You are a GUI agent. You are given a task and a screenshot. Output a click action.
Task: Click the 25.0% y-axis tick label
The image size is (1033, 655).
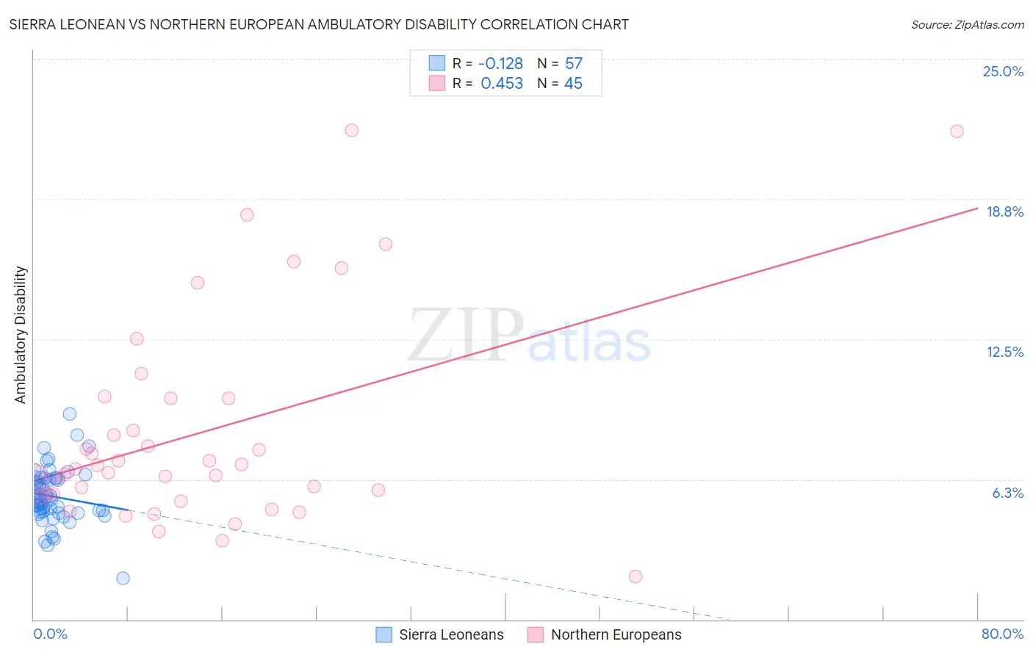tap(1003, 72)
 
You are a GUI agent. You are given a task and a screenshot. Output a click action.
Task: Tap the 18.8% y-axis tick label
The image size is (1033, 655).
tap(1004, 212)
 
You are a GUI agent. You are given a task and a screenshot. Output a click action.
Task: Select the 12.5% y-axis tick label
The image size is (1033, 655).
tap(1004, 352)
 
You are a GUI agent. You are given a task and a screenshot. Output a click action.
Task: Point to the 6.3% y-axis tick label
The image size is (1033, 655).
tap(1007, 493)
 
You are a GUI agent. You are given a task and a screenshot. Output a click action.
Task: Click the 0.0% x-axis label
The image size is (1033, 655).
tap(50, 634)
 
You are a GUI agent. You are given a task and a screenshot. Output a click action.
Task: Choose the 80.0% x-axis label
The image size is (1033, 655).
tap(1002, 634)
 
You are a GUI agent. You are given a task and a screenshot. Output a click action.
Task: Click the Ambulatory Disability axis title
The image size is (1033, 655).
tap(21, 335)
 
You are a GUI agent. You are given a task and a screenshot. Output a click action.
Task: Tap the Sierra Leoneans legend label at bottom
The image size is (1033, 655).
tap(451, 635)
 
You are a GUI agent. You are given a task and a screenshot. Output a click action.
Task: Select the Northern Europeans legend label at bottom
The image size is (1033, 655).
tap(616, 635)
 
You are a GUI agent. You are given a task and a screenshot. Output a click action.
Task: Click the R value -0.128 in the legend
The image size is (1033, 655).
tap(500, 64)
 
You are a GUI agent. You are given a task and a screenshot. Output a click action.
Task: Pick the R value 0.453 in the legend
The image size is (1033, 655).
tap(502, 84)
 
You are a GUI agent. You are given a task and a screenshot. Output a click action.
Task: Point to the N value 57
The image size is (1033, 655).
tap(573, 64)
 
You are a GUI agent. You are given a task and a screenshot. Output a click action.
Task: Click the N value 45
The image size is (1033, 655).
tap(573, 84)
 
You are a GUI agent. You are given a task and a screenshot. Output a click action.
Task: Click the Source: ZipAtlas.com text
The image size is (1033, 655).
tap(967, 25)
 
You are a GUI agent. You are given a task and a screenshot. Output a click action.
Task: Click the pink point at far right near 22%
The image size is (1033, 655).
tap(957, 131)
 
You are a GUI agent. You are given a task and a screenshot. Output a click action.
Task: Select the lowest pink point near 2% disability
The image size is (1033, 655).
tap(636, 576)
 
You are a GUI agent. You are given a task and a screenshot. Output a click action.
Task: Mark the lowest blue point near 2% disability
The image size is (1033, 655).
tap(123, 578)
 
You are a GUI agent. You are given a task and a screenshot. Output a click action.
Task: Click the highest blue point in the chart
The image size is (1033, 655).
tap(70, 414)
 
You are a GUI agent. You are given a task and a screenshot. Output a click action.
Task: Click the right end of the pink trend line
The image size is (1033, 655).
tap(977, 209)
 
